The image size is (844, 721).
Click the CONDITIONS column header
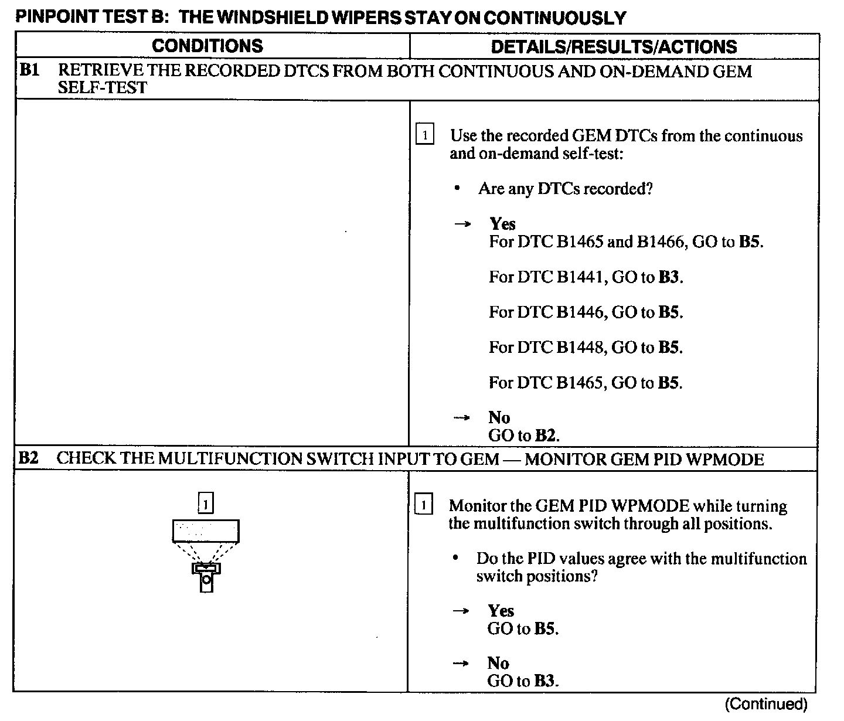pyautogui.click(x=207, y=46)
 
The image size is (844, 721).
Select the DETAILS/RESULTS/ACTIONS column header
pyautogui.click(x=614, y=47)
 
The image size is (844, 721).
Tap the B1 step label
pyautogui.click(x=30, y=71)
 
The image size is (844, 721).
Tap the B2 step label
pyautogui.click(x=29, y=458)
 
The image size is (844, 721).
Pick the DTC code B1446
pyautogui.click(x=580, y=312)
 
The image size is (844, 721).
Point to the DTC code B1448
pyautogui.click(x=580, y=347)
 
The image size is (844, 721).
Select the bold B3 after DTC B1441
pyautogui.click(x=669, y=277)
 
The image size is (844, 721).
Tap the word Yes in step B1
pyautogui.click(x=502, y=224)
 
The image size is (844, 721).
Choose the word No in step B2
pyautogui.click(x=498, y=663)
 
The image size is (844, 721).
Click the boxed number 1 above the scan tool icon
pyautogui.click(x=206, y=504)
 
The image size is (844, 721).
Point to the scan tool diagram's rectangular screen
pyautogui.click(x=206, y=531)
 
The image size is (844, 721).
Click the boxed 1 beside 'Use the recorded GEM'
pyautogui.click(x=424, y=135)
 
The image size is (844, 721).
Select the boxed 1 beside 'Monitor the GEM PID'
pyautogui.click(x=423, y=505)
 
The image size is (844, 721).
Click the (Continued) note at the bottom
pyautogui.click(x=766, y=704)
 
